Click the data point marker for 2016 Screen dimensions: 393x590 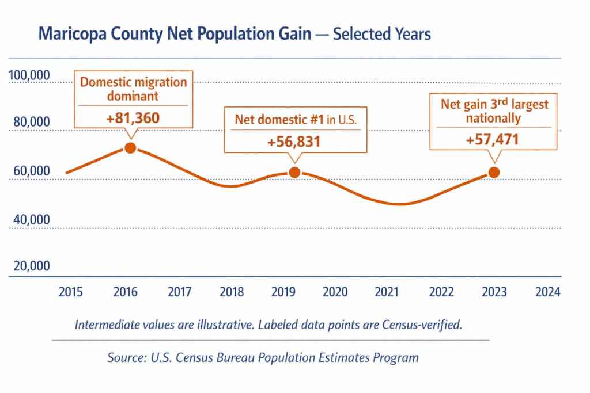coord(130,147)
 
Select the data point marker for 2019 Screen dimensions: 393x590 coord(294,172)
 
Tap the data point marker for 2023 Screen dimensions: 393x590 coord(493,172)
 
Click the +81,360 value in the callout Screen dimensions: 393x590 coord(133,119)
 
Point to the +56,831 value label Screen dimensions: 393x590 coord(294,142)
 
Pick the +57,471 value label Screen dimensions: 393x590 coord(493,140)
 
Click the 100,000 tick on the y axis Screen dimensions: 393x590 coord(29,76)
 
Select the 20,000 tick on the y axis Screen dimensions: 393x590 coord(29,266)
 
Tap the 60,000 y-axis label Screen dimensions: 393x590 coord(29,171)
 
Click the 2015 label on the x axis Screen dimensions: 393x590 coord(71,292)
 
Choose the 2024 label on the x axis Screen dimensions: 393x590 coord(547,292)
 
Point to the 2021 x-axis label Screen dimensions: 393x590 coord(387,292)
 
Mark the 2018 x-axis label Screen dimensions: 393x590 coord(231,292)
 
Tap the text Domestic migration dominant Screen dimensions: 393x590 coord(133,89)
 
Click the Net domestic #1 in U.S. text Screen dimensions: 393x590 coord(294,120)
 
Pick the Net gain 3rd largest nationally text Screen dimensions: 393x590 coord(494,112)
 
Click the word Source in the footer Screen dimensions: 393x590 coord(124,357)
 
